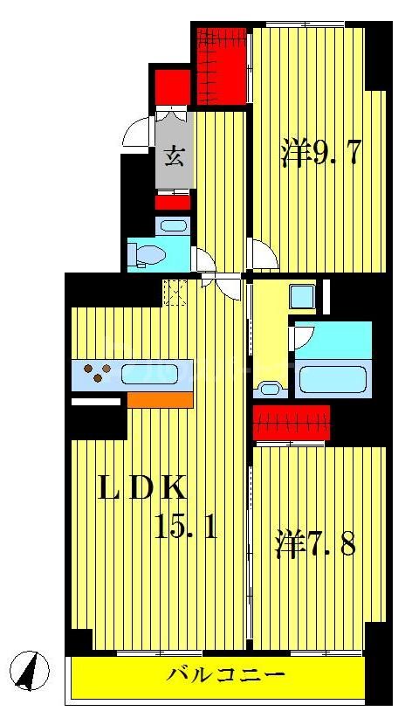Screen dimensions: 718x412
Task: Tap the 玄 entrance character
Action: (174, 157)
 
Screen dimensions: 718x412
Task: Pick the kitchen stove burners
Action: (96, 375)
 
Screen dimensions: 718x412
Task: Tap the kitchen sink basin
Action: (149, 375)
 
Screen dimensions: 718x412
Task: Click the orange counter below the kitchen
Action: (160, 400)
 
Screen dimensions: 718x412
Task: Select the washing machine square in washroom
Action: (304, 297)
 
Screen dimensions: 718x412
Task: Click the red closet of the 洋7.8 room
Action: (292, 424)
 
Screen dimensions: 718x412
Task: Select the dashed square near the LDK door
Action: (175, 292)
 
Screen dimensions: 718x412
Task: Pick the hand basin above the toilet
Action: (174, 226)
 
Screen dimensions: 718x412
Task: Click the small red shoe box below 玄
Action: (173, 204)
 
